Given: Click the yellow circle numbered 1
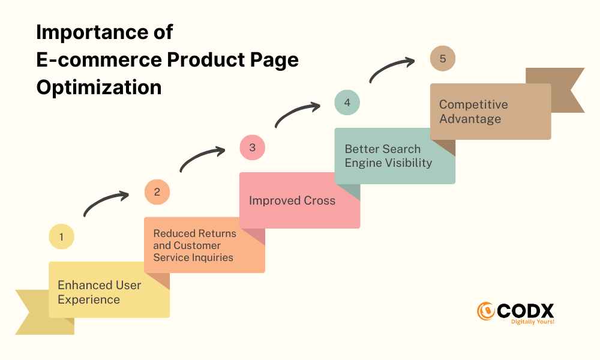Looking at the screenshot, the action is click(61, 236).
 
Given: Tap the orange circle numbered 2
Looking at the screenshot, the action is click(157, 191).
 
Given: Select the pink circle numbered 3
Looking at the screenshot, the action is click(252, 147).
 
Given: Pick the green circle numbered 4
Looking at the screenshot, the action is click(347, 103).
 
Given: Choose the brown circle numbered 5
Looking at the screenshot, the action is click(443, 59).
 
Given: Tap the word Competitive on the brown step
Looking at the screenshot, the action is click(473, 104).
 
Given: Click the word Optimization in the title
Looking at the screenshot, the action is click(99, 87).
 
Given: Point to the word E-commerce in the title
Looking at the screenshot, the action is click(100, 59).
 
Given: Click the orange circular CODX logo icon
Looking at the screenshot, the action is click(486, 311).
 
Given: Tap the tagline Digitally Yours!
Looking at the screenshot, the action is click(533, 322).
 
